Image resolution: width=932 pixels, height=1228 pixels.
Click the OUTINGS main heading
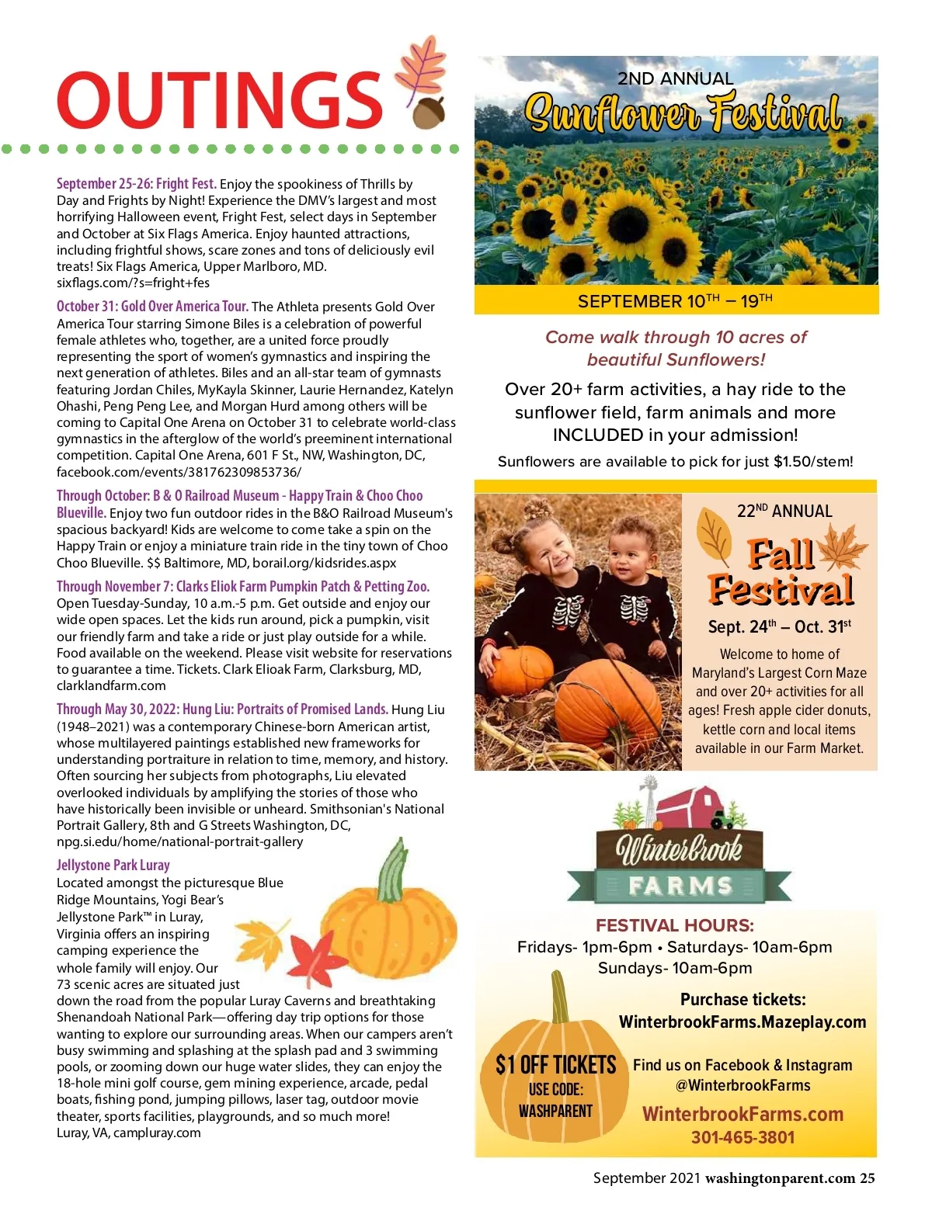point(219,101)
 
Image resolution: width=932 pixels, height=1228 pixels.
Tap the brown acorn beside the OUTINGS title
point(428,112)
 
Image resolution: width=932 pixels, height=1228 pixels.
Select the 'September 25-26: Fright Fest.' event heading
point(136,184)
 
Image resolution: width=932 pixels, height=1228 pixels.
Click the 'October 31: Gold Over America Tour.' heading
point(152,307)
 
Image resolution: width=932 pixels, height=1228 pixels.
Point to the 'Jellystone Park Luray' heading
point(113,865)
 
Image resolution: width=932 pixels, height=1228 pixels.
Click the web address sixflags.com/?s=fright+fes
point(133,283)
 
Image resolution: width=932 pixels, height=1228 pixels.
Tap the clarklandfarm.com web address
point(111,685)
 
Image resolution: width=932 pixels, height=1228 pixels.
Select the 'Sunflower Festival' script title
point(682,113)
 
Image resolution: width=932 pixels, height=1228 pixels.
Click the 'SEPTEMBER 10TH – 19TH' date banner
point(675,301)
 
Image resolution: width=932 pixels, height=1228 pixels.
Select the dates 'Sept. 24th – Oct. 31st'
point(779,626)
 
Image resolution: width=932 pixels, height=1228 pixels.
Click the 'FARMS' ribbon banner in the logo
point(680,886)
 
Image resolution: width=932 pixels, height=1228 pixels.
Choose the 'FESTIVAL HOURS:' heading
point(674,925)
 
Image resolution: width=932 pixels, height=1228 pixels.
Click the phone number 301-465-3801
point(742,1138)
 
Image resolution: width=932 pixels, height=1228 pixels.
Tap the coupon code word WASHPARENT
point(555,1112)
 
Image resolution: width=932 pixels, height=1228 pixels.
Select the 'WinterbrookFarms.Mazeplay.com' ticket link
point(742,1022)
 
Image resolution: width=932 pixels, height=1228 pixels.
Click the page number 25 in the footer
point(867,1178)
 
